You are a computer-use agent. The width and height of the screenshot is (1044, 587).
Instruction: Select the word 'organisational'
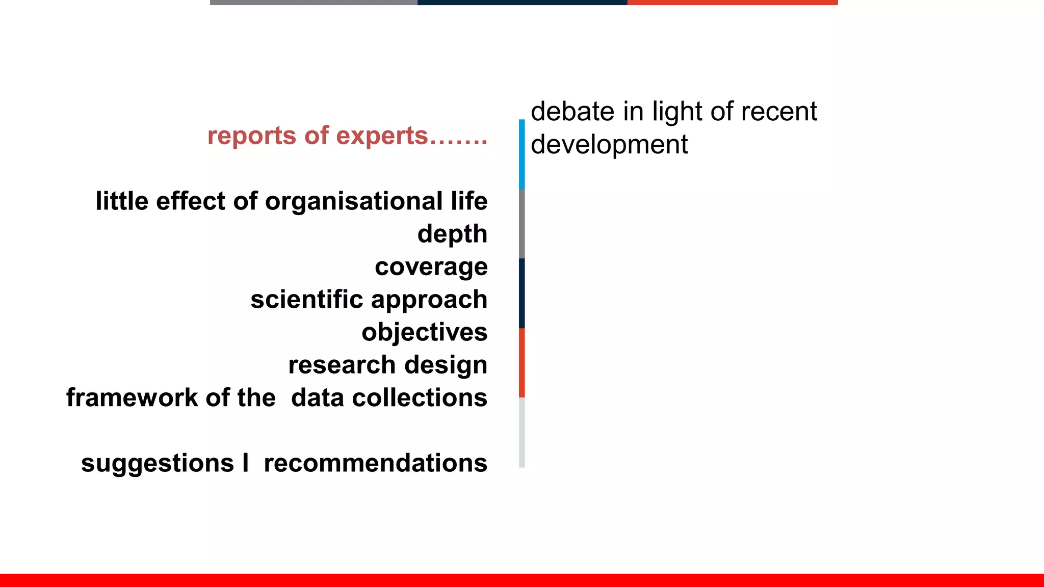[x=354, y=201]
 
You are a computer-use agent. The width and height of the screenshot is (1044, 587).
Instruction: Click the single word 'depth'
[x=452, y=234]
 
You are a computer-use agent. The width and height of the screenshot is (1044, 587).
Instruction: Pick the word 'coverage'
[x=431, y=267]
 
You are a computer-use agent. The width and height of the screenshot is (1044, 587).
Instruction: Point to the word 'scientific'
[x=306, y=299]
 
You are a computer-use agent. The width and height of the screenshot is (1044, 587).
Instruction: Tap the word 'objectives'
[x=424, y=332]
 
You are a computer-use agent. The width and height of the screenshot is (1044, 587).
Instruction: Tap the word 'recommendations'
[x=375, y=463]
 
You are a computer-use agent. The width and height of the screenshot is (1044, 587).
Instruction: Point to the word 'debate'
[x=572, y=112]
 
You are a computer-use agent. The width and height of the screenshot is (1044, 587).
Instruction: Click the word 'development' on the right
[x=609, y=145]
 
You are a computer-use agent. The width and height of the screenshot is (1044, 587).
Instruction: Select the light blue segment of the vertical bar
[x=521, y=154]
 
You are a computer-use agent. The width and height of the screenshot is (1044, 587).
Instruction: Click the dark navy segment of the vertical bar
[x=521, y=293]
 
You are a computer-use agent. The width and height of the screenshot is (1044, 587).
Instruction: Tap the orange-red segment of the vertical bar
[x=521, y=363]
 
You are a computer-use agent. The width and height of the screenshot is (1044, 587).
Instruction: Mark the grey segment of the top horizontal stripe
[x=314, y=3]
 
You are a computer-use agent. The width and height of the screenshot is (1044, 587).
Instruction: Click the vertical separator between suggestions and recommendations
[x=246, y=463]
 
